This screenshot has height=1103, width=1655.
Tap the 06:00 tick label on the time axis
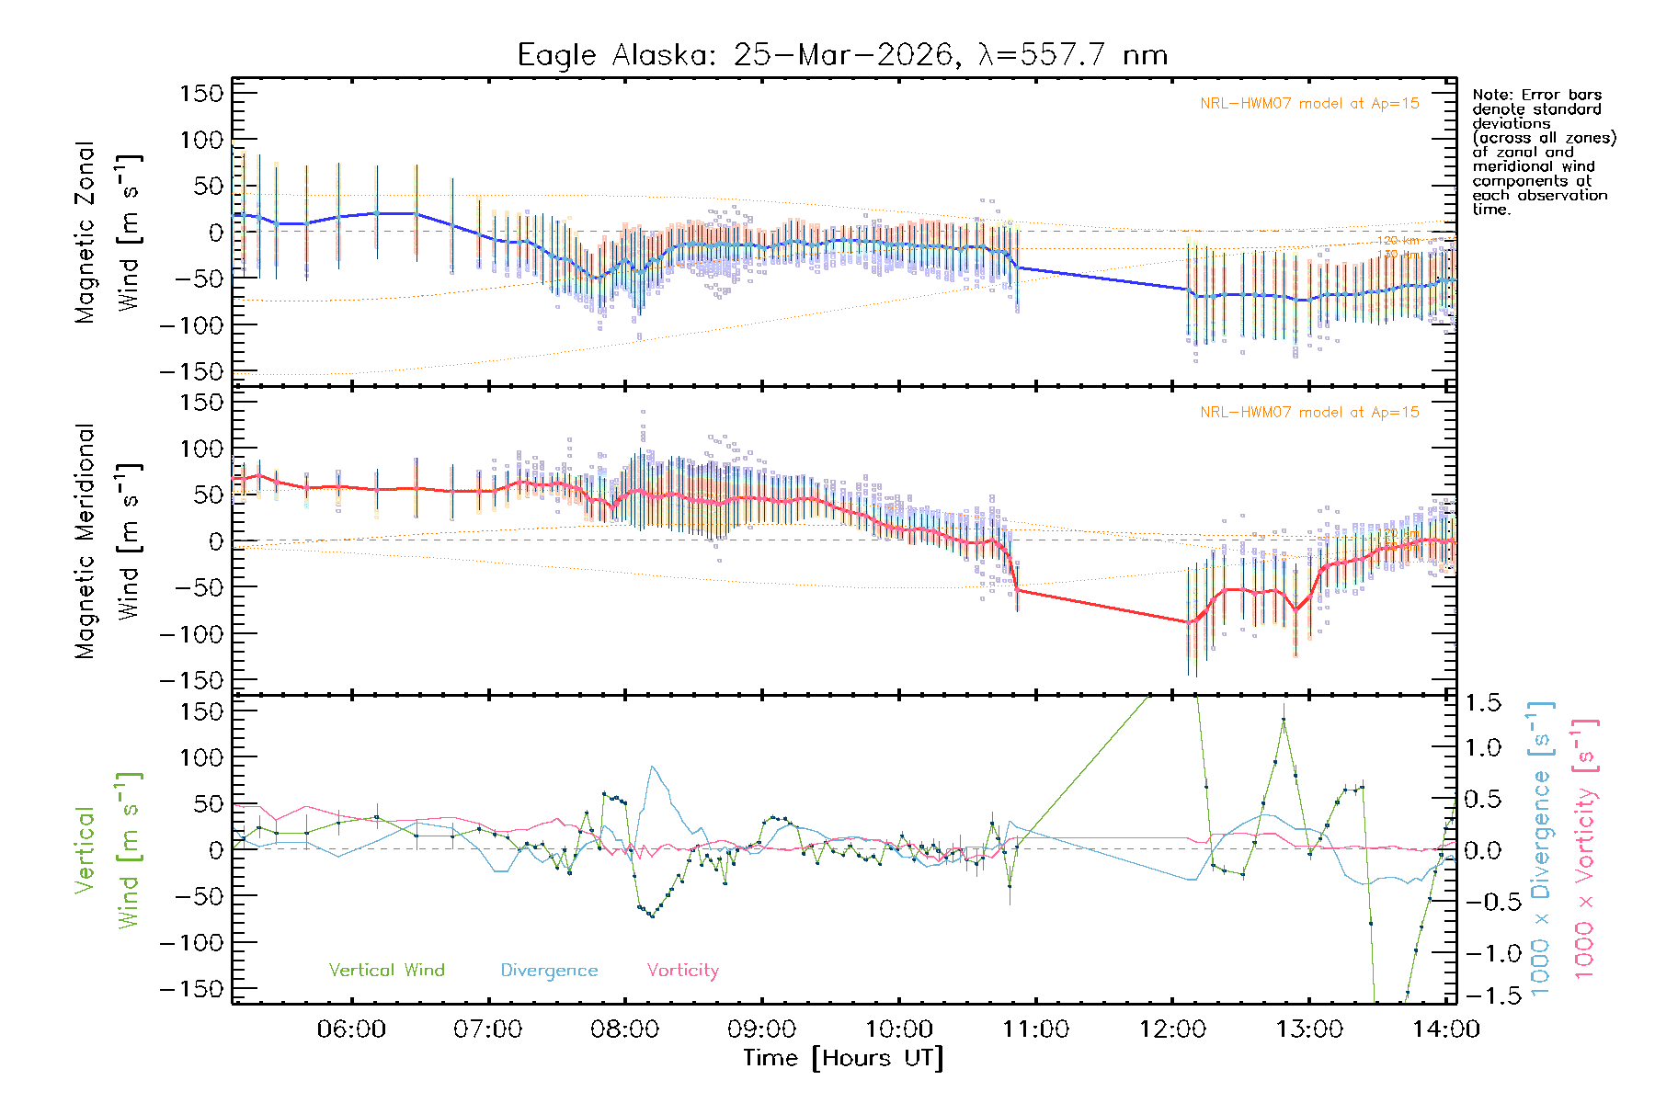[x=351, y=1029]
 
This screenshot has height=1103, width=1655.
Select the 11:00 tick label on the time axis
[x=1035, y=1029]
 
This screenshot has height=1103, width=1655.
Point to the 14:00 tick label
[x=1446, y=1029]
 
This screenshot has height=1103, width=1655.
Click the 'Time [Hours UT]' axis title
[x=843, y=1058]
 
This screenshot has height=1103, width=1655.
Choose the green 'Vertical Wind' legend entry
[x=386, y=970]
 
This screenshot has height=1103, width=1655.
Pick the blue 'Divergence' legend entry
[x=549, y=970]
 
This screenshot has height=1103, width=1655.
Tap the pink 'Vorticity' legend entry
[x=682, y=970]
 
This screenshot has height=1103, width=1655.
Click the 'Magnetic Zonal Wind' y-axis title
[x=108, y=233]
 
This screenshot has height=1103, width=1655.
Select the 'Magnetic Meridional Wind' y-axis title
[x=108, y=541]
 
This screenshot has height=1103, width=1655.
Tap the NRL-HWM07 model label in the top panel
[x=1309, y=103]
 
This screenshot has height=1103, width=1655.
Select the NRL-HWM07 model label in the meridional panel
[x=1309, y=412]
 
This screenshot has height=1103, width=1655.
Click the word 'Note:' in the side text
[x=1490, y=95]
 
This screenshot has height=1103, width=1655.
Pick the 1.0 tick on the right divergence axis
[x=1482, y=747]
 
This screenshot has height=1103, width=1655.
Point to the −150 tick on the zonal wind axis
[x=191, y=371]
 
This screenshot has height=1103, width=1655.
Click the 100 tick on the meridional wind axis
[x=202, y=449]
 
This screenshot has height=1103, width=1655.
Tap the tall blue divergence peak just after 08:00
[x=653, y=767]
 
